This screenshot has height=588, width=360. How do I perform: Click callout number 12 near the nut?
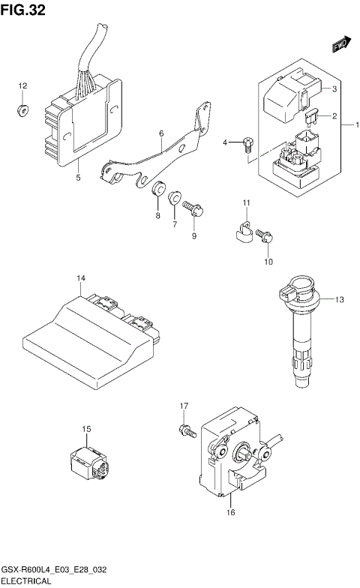coord(22,86)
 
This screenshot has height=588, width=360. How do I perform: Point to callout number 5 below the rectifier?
coord(78,178)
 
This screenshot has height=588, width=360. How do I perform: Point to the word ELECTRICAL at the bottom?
coord(26,581)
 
